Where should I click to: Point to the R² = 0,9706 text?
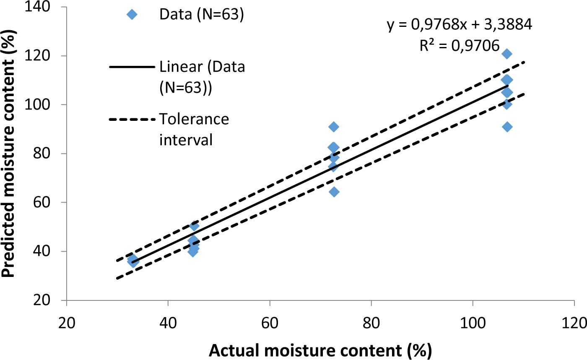coord(460,45)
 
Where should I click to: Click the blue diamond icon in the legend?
coord(132,15)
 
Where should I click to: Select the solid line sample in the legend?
coord(132,67)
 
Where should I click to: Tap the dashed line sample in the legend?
coord(132,120)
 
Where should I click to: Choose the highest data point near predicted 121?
coord(506,54)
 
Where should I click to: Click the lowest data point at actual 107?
coord(507,127)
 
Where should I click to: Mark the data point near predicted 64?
coord(334,192)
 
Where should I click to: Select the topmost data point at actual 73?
coord(334,127)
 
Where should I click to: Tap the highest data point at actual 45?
coord(194,226)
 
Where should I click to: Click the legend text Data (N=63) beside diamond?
coord(201,15)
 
